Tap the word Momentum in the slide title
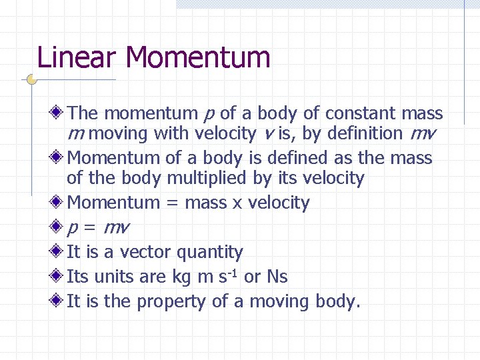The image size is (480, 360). click(x=197, y=57)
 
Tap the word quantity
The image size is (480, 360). click(x=211, y=253)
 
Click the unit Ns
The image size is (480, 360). click(x=277, y=277)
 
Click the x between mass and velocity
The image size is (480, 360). click(x=237, y=203)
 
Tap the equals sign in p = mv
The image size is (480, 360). click(x=91, y=228)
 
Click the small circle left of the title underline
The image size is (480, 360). click(x=31, y=80)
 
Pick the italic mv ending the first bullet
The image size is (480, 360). click(x=423, y=133)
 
